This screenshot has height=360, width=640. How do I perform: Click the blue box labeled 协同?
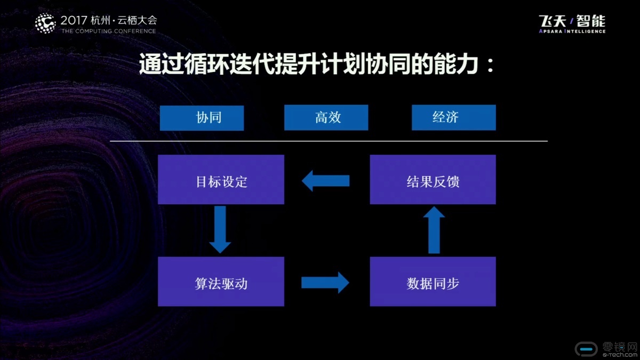click(202, 118)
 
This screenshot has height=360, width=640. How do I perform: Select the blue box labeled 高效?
click(326, 117)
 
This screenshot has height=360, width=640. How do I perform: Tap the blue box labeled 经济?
click(454, 117)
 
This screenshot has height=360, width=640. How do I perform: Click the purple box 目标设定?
click(221, 179)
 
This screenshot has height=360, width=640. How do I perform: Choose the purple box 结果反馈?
click(433, 179)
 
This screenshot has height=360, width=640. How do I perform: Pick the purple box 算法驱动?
click(221, 282)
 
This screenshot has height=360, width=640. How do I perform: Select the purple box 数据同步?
click(433, 282)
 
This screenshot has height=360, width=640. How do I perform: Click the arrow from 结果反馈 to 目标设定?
click(326, 181)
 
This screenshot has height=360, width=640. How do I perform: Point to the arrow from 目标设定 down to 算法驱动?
click(220, 229)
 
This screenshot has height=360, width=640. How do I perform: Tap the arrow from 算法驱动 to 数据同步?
click(325, 283)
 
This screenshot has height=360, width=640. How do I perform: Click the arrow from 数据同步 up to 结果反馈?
click(434, 230)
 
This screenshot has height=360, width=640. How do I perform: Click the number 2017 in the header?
click(74, 20)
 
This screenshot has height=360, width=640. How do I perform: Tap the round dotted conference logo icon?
click(45, 23)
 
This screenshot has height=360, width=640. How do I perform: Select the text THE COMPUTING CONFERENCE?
click(109, 31)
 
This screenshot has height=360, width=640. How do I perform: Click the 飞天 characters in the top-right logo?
click(553, 21)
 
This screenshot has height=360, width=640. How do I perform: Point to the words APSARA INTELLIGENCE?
click(572, 31)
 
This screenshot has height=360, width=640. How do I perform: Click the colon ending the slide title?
click(491, 65)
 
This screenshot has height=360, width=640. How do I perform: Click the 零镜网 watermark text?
click(620, 347)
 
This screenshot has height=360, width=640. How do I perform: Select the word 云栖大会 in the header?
click(137, 20)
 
